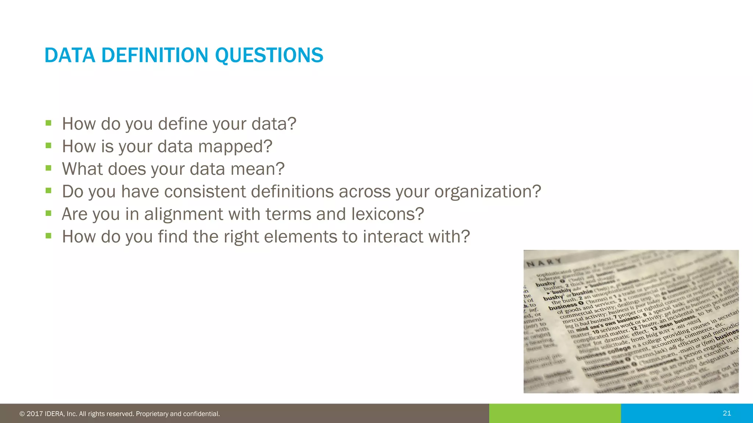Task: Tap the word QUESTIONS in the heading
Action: pos(269,55)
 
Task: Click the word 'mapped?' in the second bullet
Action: pos(235,147)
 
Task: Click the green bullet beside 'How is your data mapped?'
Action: pos(48,145)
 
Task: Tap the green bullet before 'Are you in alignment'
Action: pos(48,213)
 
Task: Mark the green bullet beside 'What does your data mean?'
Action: pos(48,168)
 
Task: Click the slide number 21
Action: pos(727,413)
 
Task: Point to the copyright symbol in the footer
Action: pos(22,414)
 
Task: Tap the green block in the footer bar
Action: pos(554,413)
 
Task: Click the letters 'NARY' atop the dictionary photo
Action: pos(544,262)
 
